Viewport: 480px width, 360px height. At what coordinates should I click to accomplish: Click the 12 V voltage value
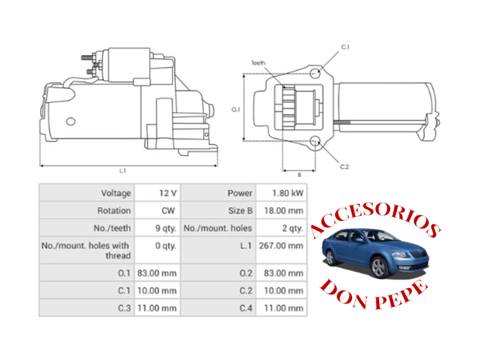(x=168, y=193)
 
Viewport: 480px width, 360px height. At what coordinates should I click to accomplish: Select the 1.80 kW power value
(x=288, y=193)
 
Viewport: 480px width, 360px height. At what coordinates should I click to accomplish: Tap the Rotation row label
(x=114, y=211)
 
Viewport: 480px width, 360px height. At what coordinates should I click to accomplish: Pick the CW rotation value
(x=168, y=211)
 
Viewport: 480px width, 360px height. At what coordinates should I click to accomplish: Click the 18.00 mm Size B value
(x=284, y=211)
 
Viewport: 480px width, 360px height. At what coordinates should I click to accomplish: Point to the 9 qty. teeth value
(x=166, y=229)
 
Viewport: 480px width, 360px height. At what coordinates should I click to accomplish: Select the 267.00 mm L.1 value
(x=281, y=246)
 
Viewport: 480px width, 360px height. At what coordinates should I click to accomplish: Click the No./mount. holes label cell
(x=218, y=229)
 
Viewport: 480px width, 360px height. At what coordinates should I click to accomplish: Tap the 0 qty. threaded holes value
(x=166, y=246)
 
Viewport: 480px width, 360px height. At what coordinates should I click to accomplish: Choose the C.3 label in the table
(x=124, y=308)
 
